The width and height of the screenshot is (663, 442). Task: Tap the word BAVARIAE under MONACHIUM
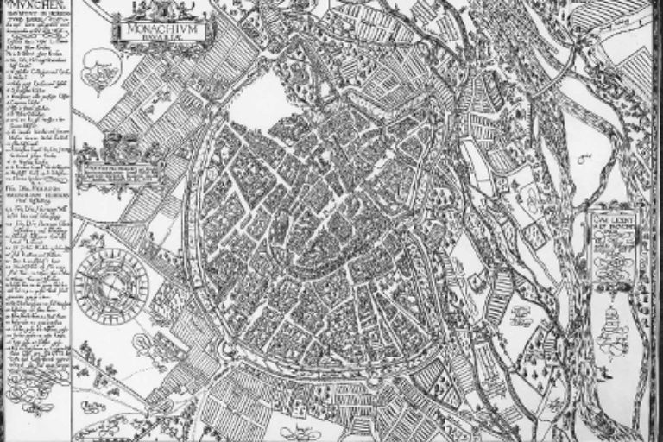(x=157, y=37)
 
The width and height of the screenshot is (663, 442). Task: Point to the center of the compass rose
(x=110, y=284)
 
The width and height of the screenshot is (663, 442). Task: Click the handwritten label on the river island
(x=584, y=161)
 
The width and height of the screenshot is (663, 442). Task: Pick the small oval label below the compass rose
(x=92, y=350)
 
